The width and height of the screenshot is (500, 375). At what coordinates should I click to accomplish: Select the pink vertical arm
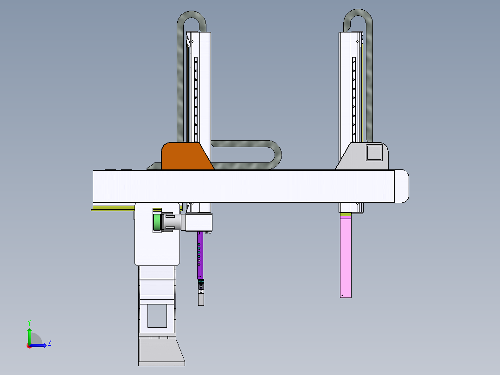click(346, 257)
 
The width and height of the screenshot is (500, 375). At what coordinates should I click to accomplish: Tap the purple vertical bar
click(199, 255)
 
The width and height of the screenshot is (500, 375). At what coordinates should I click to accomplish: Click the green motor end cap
click(157, 222)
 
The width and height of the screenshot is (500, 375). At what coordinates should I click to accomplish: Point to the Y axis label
click(29, 323)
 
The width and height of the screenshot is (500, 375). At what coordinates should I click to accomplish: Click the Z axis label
click(50, 343)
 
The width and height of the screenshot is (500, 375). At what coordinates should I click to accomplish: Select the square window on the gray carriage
click(374, 153)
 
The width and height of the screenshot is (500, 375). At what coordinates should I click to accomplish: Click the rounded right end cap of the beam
click(402, 186)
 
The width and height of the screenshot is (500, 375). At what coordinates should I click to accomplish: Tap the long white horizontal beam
click(244, 186)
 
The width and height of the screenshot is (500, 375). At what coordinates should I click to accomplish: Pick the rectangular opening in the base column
click(157, 316)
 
